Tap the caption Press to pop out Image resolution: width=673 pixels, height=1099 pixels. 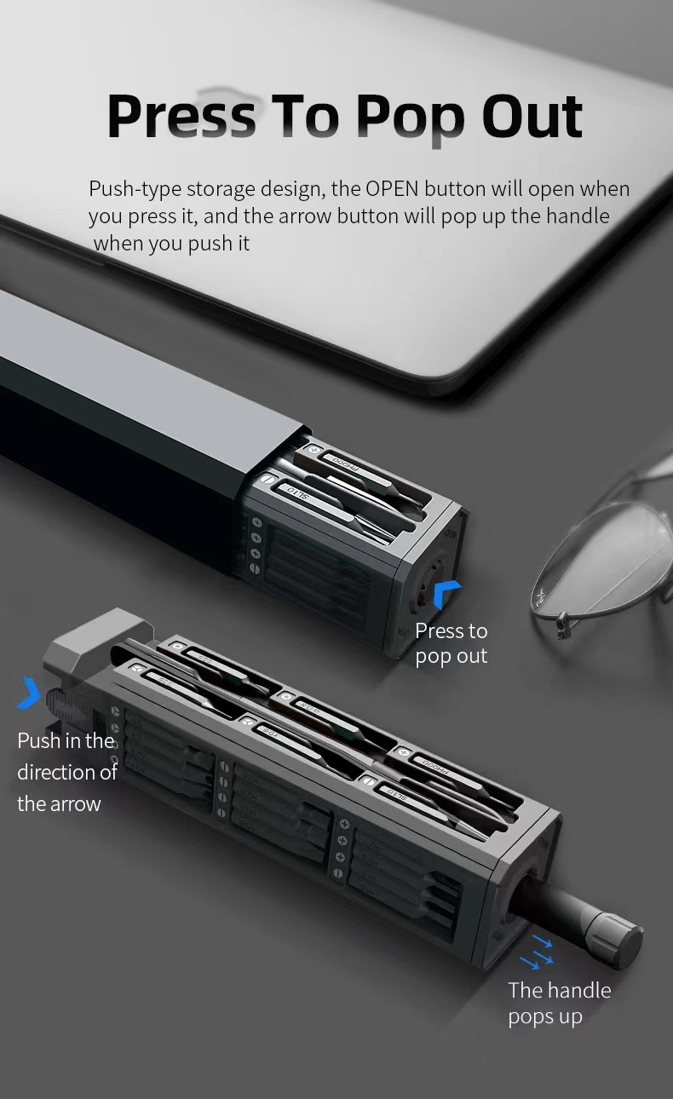[451, 643]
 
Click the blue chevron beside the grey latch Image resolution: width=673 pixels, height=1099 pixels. [30, 693]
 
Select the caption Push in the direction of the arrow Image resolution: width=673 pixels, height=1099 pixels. [66, 771]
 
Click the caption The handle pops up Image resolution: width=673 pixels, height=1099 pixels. [559, 1003]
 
